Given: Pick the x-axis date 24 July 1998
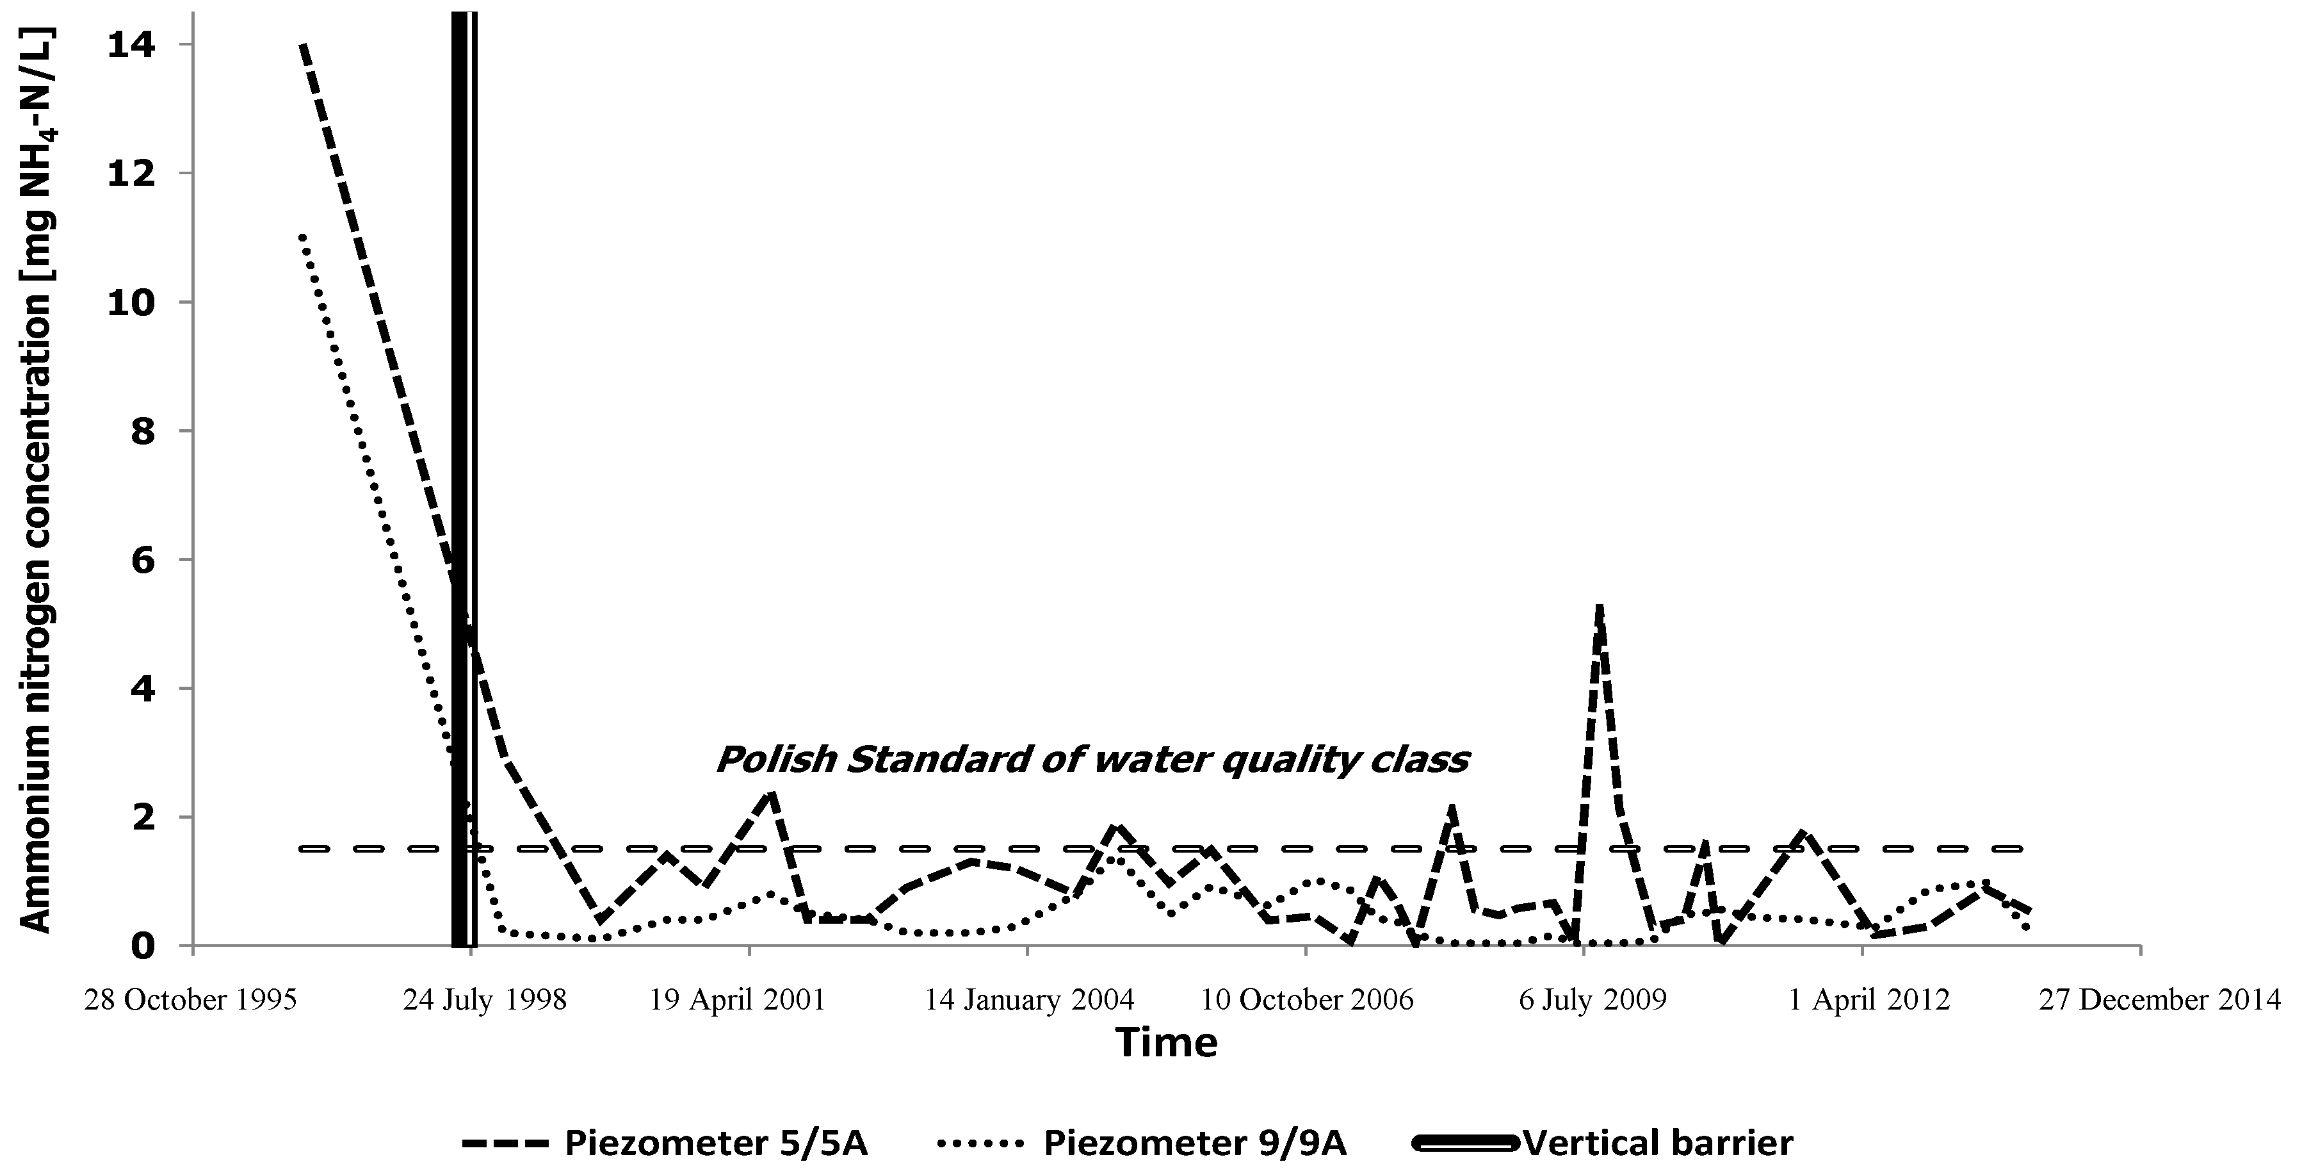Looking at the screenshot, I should tap(484, 999).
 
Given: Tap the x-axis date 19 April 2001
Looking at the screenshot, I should tap(737, 999).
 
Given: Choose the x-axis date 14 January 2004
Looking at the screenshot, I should tap(1028, 999).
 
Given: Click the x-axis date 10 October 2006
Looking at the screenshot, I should tap(1306, 999).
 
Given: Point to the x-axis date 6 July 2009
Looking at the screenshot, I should tap(1593, 999).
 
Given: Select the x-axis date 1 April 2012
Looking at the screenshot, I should tap(1868, 999).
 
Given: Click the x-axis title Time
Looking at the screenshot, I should tap(1166, 1043).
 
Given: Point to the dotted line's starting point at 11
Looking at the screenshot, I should tap(303, 237).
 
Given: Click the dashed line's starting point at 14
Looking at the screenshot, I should tap(303, 44).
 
